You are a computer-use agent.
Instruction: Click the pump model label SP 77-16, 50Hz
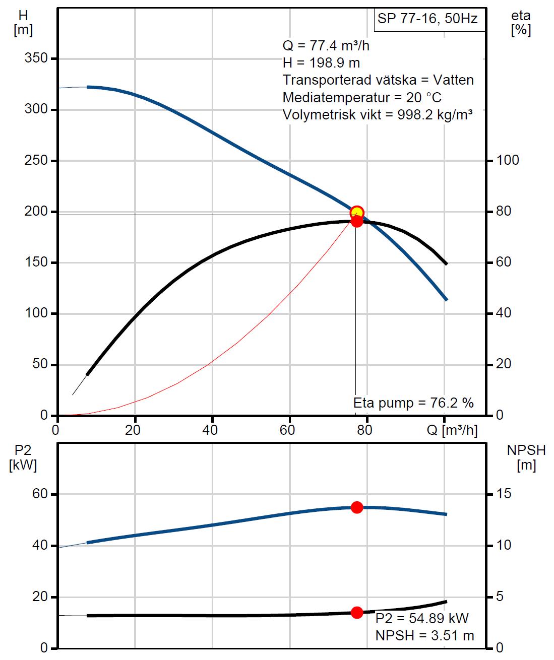coord(426,19)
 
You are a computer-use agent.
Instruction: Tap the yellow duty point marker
coord(356,212)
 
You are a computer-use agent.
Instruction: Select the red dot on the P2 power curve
coord(357,507)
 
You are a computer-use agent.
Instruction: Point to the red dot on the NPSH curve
coord(357,613)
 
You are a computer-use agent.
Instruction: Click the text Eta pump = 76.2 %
coord(413,403)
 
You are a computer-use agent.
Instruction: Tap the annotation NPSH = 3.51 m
coord(424,636)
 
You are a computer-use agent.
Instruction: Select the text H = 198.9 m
coord(321,63)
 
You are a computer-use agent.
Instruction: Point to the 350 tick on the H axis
coord(36,58)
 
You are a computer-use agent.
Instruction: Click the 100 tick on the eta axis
coord(508,160)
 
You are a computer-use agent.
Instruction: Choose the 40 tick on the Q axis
coord(210,430)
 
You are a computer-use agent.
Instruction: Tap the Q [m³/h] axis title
coord(452,430)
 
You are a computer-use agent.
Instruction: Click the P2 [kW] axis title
coord(23,457)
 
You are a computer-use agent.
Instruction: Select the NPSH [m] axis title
coord(526,457)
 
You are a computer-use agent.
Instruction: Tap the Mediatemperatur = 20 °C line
coord(362,97)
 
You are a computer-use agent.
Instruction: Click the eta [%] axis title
coord(520,23)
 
